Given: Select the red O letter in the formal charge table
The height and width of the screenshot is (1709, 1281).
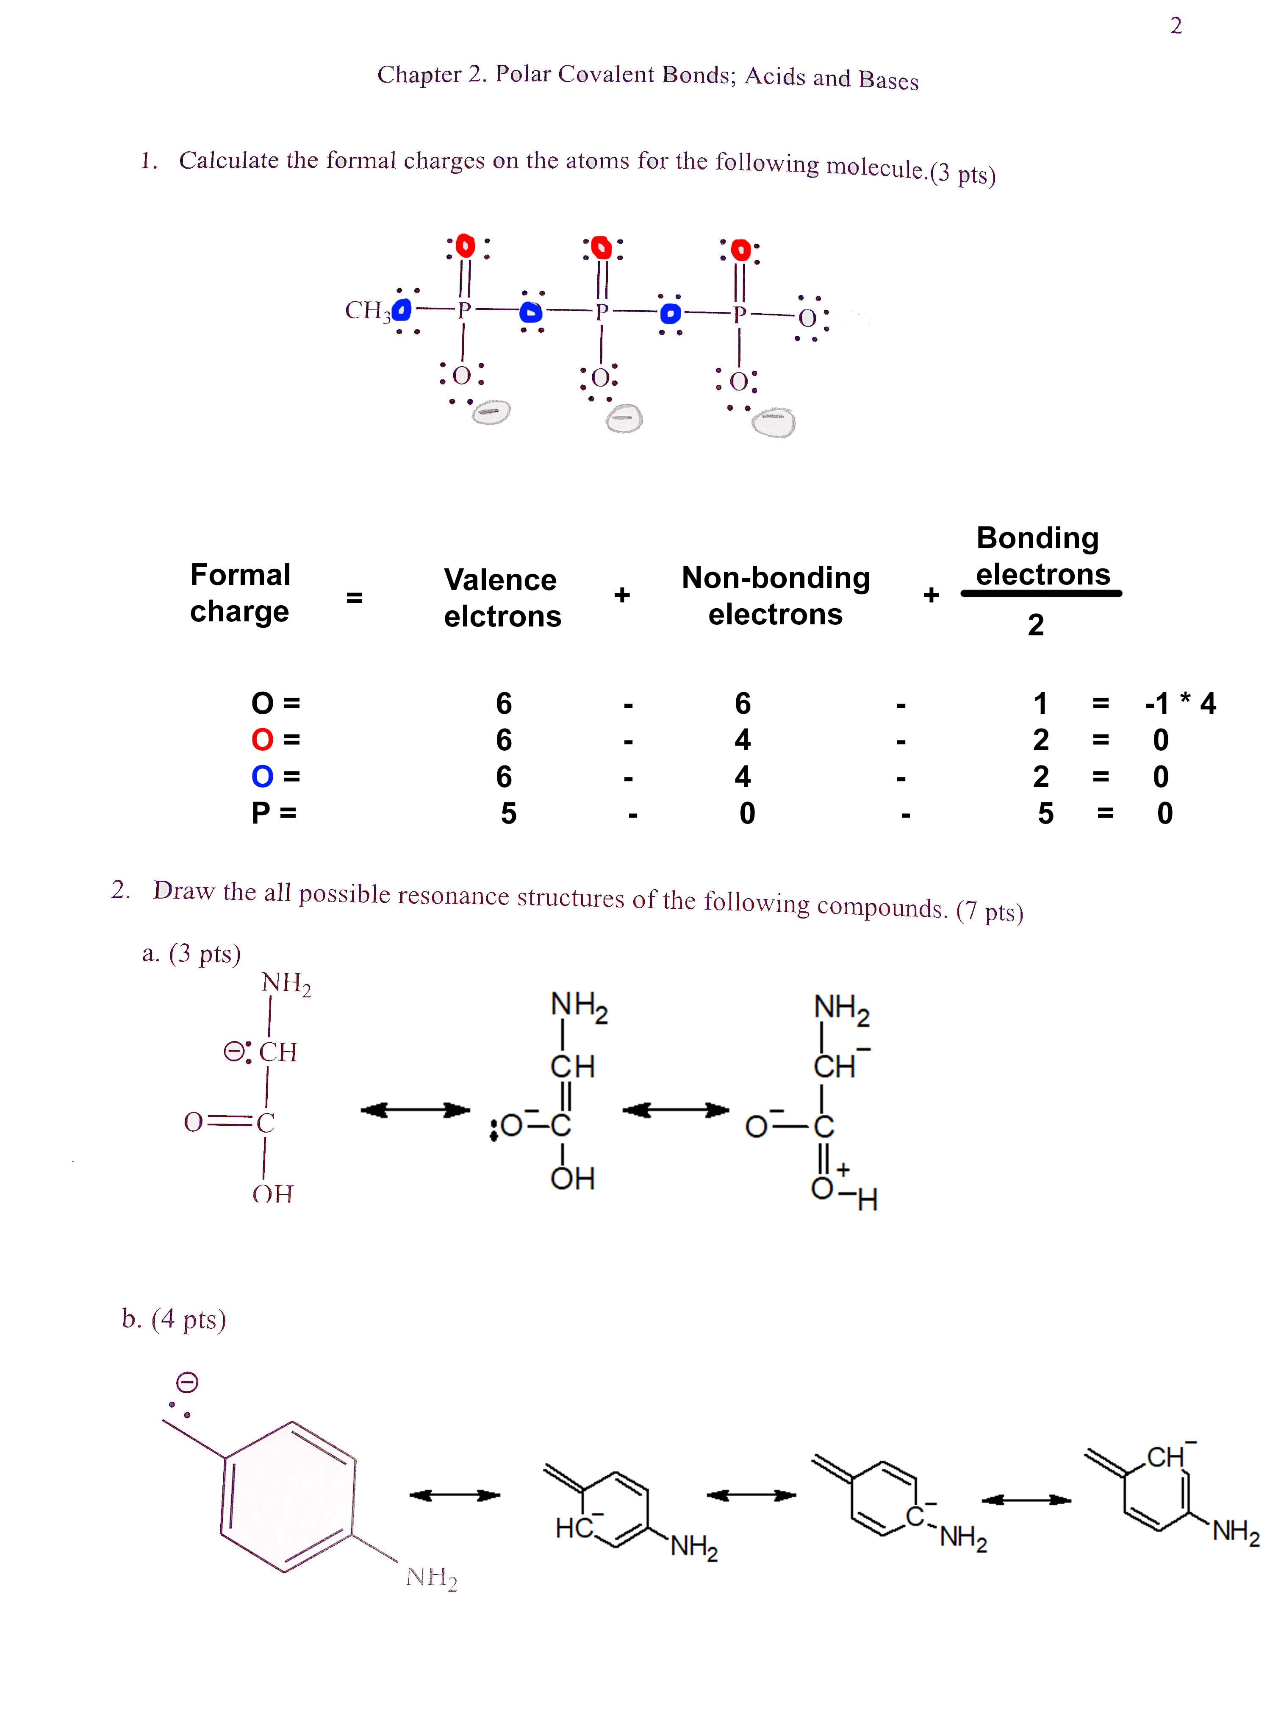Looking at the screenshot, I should pos(263,740).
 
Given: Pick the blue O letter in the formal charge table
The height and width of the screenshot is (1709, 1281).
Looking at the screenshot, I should pos(263,777).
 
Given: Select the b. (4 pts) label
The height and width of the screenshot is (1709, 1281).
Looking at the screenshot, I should pos(174,1319).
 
